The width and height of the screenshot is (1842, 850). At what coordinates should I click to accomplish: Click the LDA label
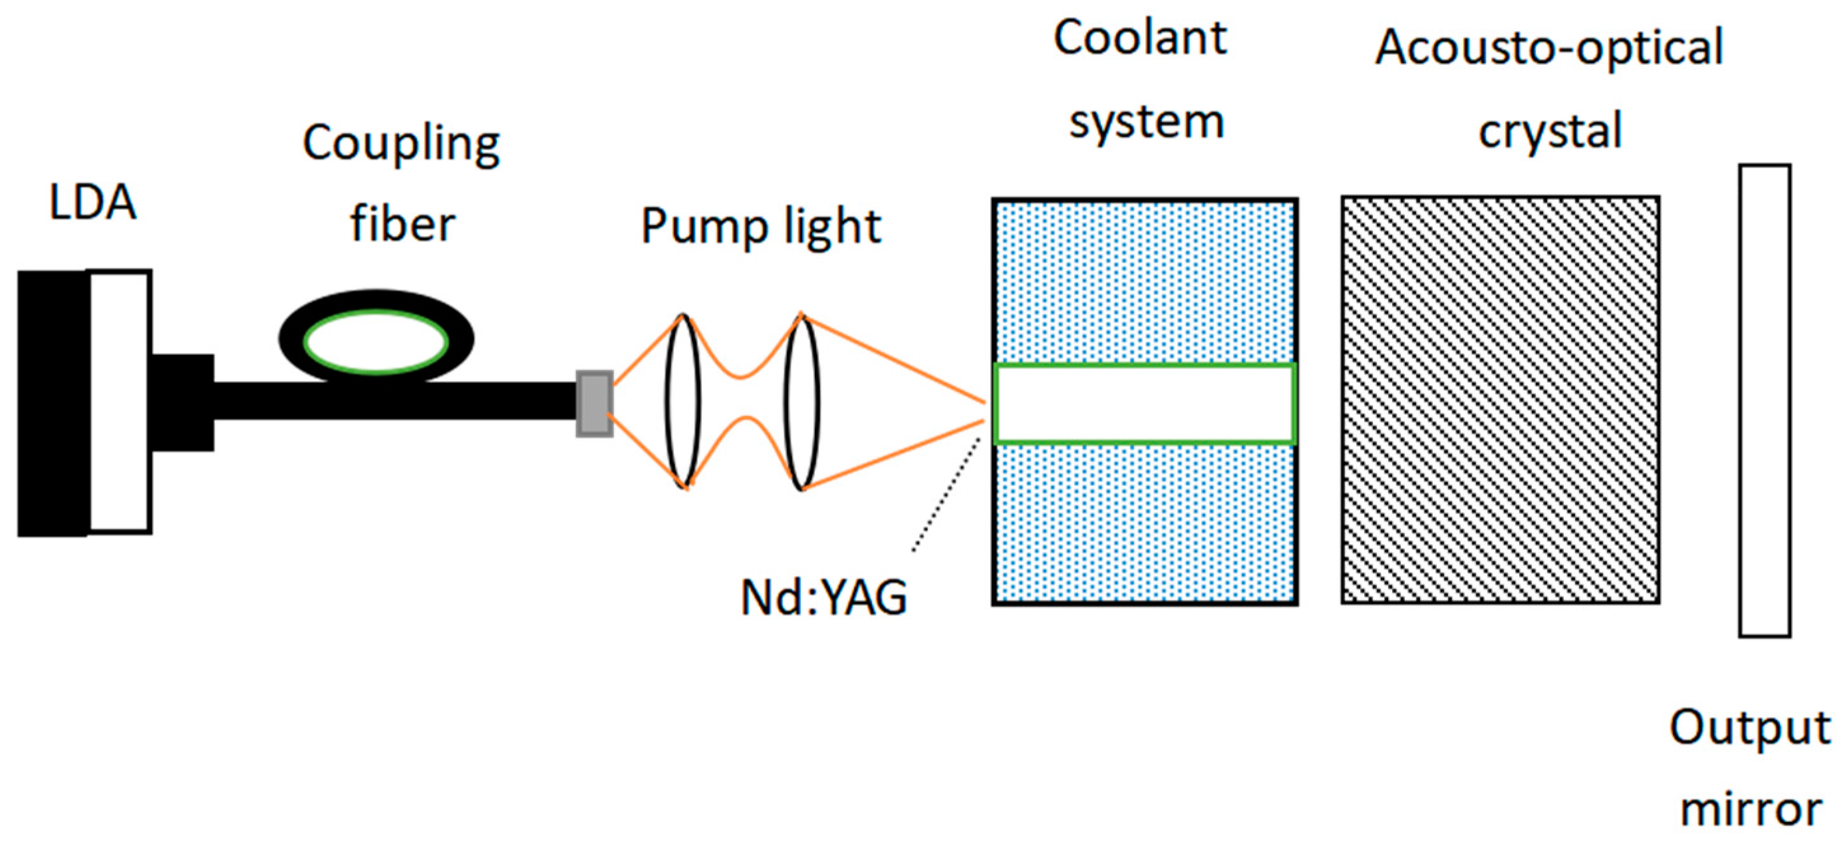pos(92,202)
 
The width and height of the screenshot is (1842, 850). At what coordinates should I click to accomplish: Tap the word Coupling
pos(401,144)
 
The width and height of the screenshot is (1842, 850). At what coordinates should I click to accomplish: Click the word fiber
pos(402,224)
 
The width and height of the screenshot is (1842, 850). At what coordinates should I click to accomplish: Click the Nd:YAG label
pos(823,597)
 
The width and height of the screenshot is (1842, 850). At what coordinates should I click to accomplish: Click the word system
pos(1146,123)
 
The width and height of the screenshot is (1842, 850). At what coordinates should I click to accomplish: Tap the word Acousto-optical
pos(1549,48)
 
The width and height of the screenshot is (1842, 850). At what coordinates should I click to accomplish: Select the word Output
pos(1750,729)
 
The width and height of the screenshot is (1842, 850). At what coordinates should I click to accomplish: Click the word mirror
pos(1750,809)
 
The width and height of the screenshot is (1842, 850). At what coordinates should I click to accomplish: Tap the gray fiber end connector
pos(594,403)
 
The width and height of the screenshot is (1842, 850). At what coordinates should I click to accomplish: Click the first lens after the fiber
pos(683,401)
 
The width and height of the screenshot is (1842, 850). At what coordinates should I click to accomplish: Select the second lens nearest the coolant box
pos(802,401)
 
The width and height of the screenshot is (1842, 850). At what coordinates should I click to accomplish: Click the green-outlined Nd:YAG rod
pos(1144,404)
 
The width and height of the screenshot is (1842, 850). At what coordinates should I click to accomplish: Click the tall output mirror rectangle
pos(1764,401)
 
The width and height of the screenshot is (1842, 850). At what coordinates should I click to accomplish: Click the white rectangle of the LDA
pos(119,401)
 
